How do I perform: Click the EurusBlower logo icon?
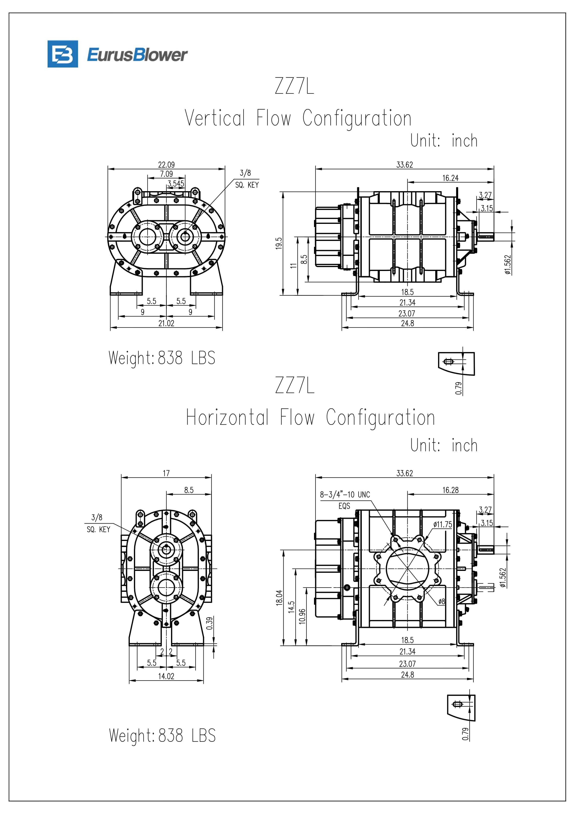click(63, 54)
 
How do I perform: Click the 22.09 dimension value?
click(166, 164)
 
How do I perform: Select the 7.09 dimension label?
click(166, 174)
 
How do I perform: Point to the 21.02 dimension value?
click(166, 323)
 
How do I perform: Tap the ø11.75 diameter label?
click(442, 524)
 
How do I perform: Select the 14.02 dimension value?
click(166, 676)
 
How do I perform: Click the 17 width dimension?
click(166, 473)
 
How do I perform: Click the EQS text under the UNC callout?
click(344, 506)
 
